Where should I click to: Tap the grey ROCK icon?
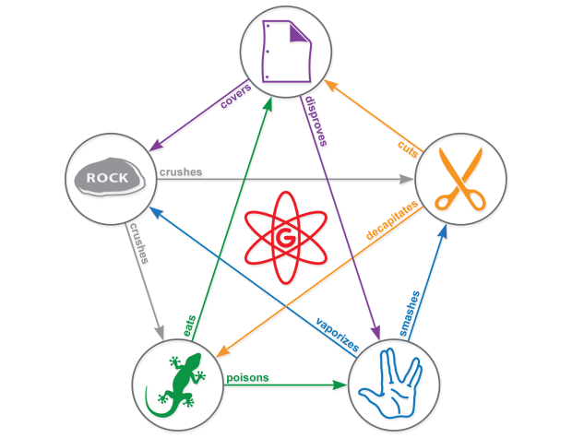click(106, 177)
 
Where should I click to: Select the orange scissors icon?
click(459, 178)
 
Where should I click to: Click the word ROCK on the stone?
click(106, 177)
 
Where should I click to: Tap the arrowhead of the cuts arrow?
click(331, 80)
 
